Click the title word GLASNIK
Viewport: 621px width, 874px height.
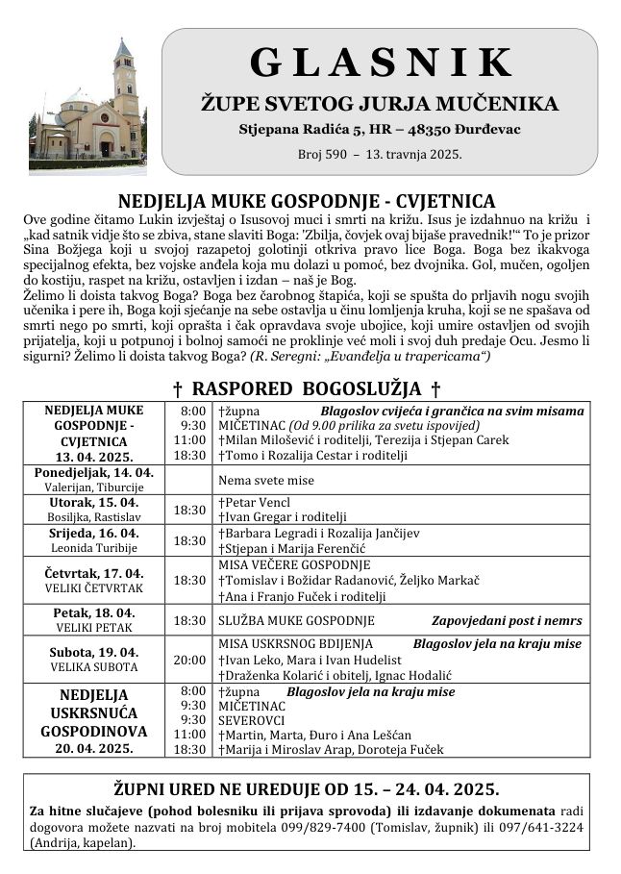pos(382,62)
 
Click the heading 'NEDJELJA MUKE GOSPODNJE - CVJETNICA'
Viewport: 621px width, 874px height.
pos(307,202)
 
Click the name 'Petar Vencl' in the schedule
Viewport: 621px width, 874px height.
pos(257,502)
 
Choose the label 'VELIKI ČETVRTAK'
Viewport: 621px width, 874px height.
pos(94,588)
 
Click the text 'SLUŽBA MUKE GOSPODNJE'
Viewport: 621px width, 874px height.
pos(296,621)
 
